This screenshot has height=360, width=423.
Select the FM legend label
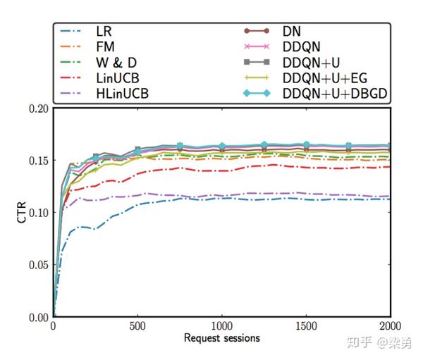point(103,46)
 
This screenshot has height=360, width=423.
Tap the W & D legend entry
point(111,62)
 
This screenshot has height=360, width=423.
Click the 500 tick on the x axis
point(137,327)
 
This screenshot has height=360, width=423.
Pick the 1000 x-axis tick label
point(222,327)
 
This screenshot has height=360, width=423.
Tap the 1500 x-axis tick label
point(306,327)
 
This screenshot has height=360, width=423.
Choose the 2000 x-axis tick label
point(390,327)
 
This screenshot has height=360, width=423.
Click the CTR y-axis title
point(20,212)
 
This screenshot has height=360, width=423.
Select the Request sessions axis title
point(221,338)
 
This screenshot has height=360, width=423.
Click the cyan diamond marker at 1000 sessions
point(222,146)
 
